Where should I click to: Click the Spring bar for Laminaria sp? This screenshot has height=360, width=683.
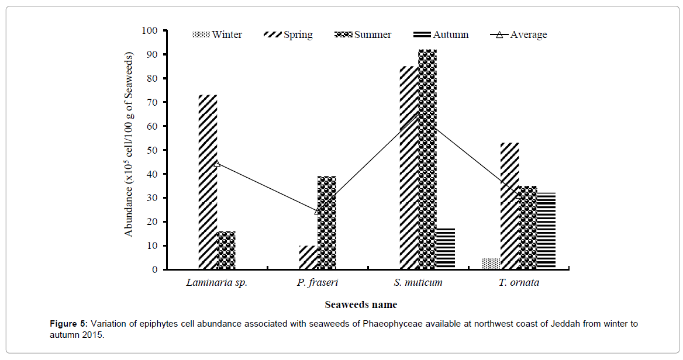[208, 182]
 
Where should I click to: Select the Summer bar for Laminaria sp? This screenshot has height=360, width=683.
[226, 250]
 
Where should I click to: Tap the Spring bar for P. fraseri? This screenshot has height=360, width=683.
[308, 258]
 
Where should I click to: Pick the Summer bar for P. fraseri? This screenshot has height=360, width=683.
[327, 223]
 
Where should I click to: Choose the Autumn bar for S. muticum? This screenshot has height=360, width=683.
[446, 249]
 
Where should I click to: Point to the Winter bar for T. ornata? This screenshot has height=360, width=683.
[491, 264]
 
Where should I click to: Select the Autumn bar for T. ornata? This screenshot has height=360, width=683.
[546, 231]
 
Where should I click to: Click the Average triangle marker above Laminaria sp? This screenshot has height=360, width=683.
[217, 163]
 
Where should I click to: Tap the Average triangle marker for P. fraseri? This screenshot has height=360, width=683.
[318, 211]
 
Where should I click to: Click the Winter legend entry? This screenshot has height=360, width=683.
[217, 34]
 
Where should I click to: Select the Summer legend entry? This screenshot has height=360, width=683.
[363, 34]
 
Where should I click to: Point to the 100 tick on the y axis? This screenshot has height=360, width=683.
[150, 30]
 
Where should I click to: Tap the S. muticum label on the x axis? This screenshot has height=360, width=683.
[418, 283]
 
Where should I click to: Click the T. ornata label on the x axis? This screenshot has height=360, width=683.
[519, 283]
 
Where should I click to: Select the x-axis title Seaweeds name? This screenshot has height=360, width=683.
[361, 304]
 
